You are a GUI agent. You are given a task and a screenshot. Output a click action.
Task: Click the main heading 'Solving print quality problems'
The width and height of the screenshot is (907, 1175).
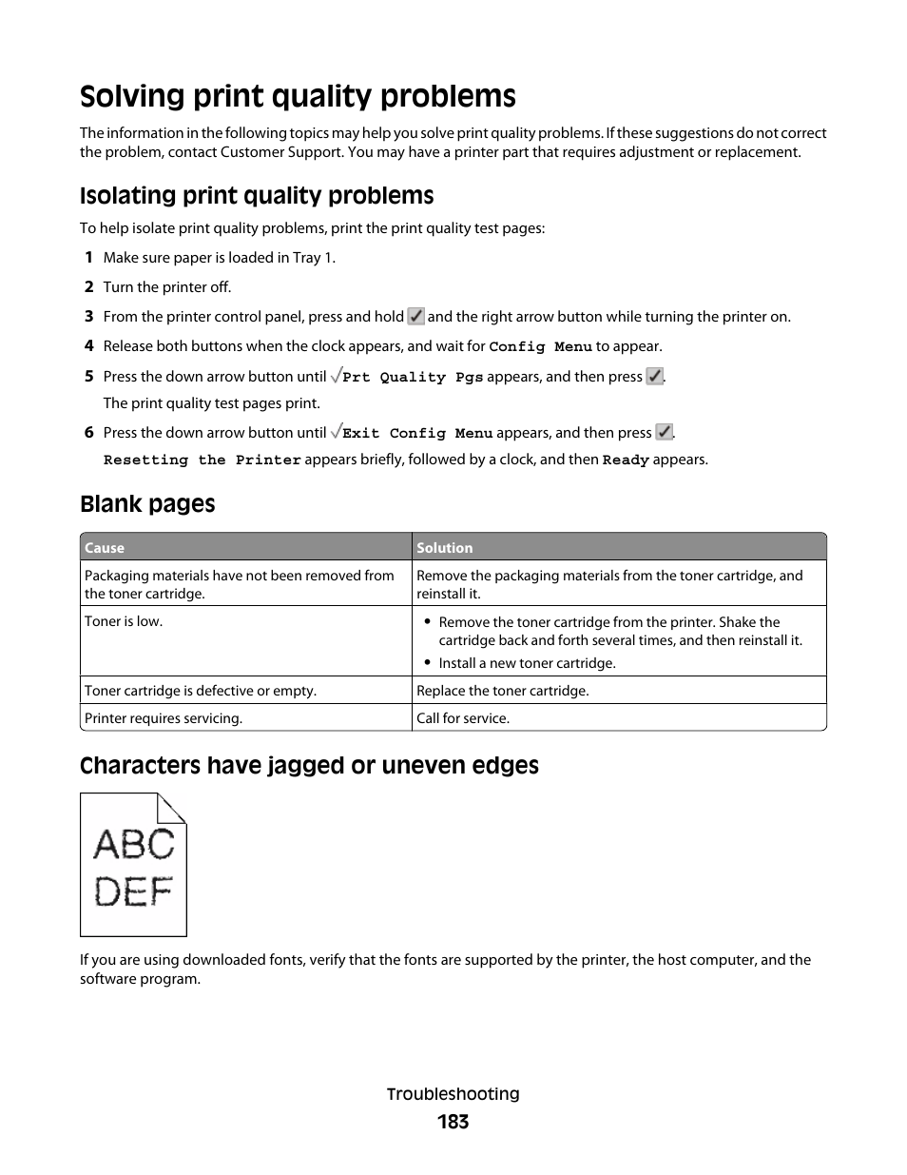298,97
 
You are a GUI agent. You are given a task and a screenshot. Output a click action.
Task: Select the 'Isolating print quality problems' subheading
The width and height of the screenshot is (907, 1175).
257,196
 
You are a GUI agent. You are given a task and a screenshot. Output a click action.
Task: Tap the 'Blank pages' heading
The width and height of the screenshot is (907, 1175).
147,504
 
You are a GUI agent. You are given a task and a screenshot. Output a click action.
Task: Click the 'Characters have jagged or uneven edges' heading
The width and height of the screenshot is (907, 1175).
309,766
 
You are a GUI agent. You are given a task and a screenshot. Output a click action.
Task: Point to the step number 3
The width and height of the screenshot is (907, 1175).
88,317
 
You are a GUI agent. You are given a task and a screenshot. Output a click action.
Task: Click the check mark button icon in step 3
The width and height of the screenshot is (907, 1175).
415,317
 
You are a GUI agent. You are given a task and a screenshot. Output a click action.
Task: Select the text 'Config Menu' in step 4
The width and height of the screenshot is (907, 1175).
540,347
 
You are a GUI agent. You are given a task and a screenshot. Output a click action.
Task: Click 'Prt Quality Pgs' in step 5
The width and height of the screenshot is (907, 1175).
413,378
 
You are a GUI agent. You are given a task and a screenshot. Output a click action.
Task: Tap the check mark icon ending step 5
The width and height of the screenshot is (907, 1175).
654,377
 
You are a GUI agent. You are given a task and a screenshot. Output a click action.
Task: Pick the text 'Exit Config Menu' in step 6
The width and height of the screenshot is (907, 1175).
417,434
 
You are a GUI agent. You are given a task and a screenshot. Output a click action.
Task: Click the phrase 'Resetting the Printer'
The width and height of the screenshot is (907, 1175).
202,460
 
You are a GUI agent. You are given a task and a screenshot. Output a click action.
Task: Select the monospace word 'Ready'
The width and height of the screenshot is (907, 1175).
626,460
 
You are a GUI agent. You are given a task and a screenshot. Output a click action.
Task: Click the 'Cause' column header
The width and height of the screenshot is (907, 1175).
105,548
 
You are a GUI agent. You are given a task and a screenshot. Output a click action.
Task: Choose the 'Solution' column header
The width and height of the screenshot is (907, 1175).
444,548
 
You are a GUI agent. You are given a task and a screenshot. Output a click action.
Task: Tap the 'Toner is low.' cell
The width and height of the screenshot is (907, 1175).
124,621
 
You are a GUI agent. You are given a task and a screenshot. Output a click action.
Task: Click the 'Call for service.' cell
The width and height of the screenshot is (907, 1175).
463,718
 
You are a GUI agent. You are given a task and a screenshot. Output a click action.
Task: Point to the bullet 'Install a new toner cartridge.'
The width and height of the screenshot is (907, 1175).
527,663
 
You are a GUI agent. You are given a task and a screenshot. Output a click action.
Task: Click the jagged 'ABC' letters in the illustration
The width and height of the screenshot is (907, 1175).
134,844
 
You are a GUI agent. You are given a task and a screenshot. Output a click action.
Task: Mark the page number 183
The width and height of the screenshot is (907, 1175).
453,1123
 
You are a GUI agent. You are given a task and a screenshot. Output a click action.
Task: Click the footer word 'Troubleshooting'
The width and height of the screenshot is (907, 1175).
453,1094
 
